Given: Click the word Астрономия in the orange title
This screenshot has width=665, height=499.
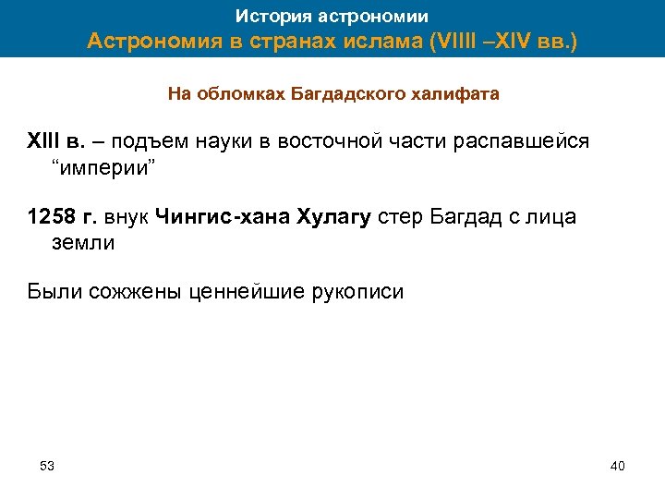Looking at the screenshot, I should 156,43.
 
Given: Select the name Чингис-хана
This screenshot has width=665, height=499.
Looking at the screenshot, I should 222,217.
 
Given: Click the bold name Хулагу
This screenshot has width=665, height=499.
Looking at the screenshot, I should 333,217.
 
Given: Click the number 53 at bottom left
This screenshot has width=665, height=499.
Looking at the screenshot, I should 47,465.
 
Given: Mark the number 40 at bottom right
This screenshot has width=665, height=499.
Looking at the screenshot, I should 618,465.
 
